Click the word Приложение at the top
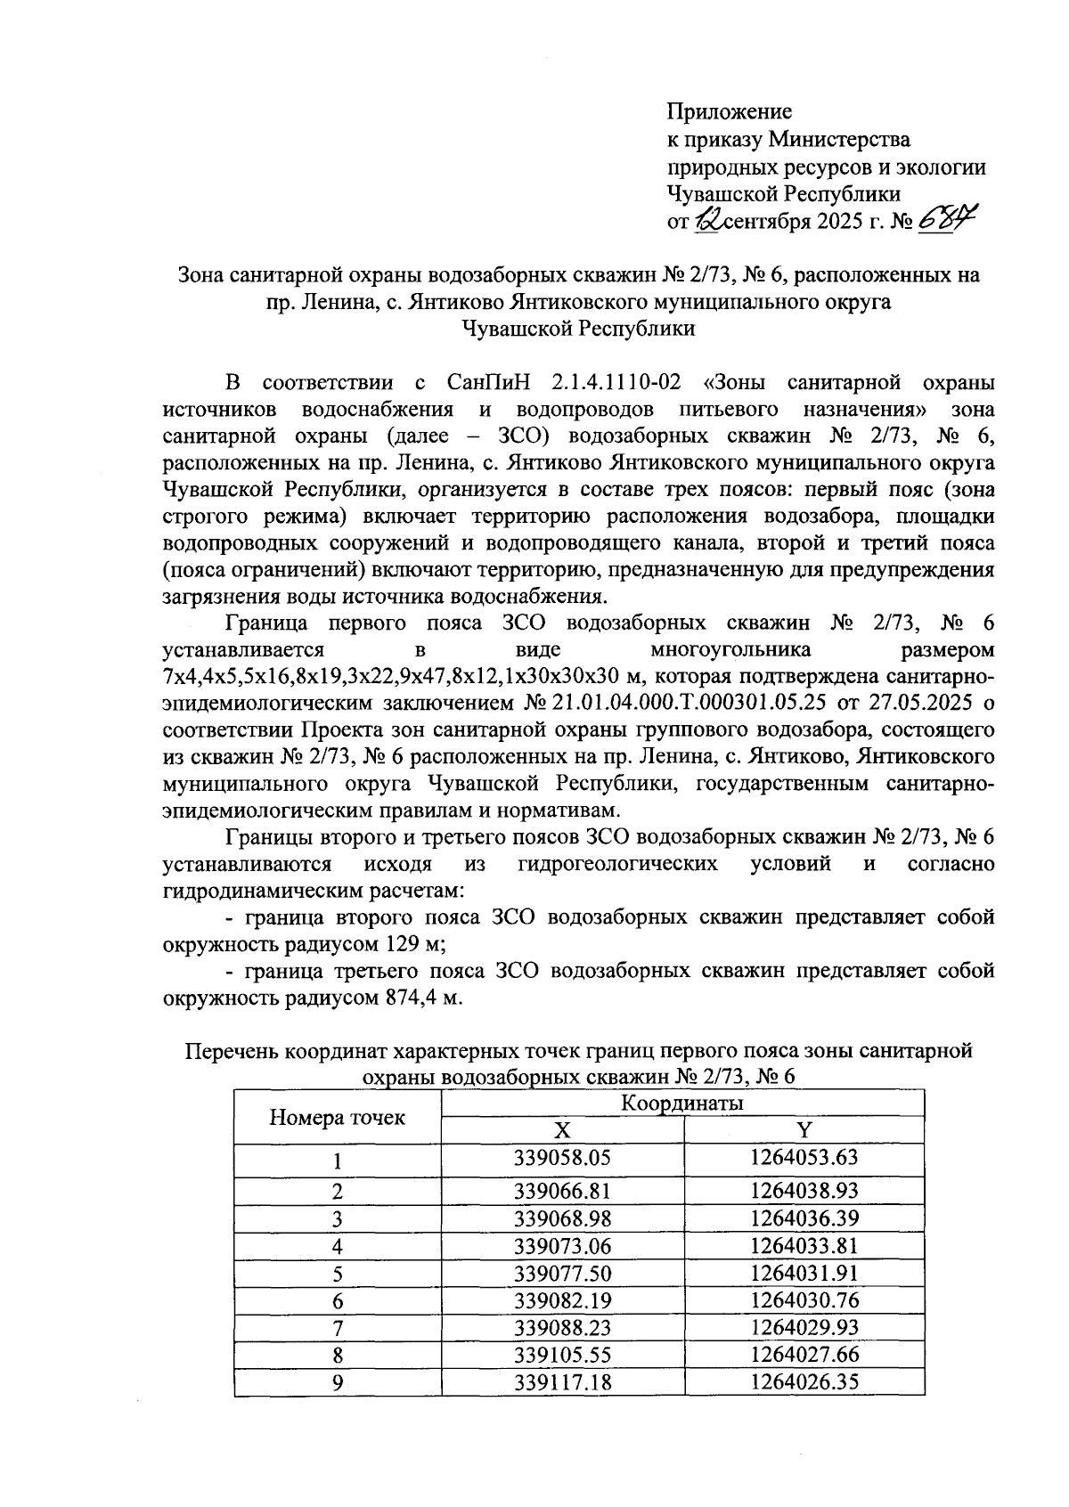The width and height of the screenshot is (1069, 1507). click(x=729, y=112)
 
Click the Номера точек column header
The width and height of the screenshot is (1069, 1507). click(x=337, y=1118)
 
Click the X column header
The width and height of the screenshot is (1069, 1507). click(x=562, y=1131)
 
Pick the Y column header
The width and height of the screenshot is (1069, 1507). click(x=804, y=1131)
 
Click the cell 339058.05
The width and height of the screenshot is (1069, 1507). click(x=563, y=1160)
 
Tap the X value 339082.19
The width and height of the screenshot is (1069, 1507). click(x=563, y=1300)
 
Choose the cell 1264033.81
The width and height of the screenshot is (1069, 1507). click(x=804, y=1246)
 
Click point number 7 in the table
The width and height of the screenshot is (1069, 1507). click(x=338, y=1328)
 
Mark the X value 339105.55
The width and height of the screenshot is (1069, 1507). click(x=563, y=1355)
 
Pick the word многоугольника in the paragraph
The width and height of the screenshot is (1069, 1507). click(x=730, y=649)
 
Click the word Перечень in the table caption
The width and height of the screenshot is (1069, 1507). click(x=231, y=1051)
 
